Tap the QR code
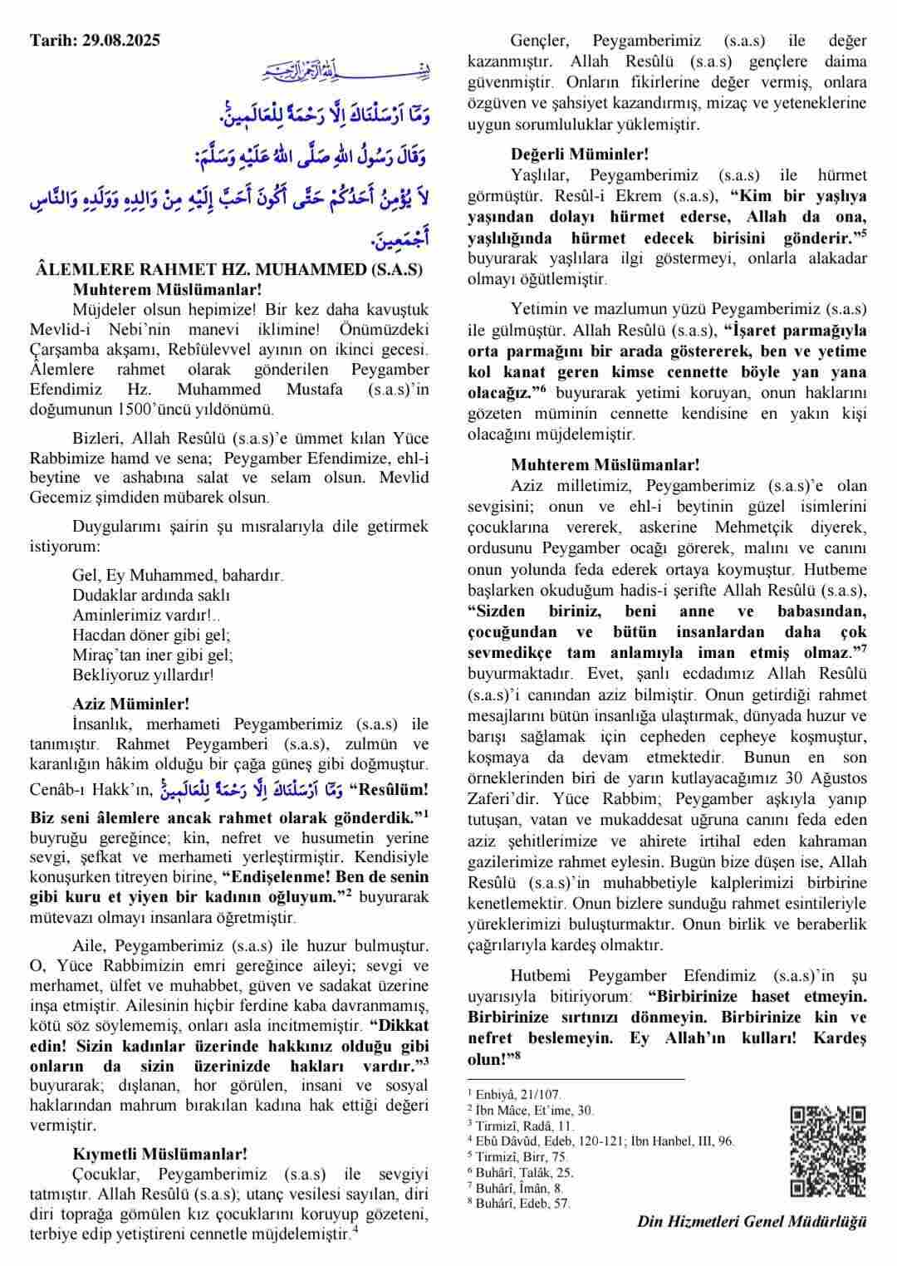coord(827,1151)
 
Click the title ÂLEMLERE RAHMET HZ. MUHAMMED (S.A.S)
coord(230,270)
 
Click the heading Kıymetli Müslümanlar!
coord(159,1154)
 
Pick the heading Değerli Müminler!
coord(580,154)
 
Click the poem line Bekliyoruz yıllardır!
coord(143,675)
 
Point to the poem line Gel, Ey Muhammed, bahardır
coord(177,575)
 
